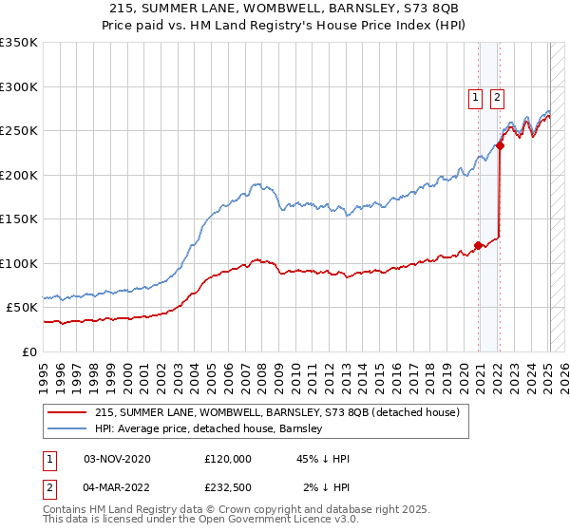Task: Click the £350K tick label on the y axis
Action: pyautogui.click(x=19, y=43)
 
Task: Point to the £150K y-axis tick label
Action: pyautogui.click(x=19, y=219)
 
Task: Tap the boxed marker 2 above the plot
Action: pyautogui.click(x=498, y=95)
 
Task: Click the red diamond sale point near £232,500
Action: pyautogui.click(x=500, y=146)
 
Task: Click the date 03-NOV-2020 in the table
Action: pyautogui.click(x=117, y=459)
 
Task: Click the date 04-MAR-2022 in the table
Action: pyautogui.click(x=117, y=487)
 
